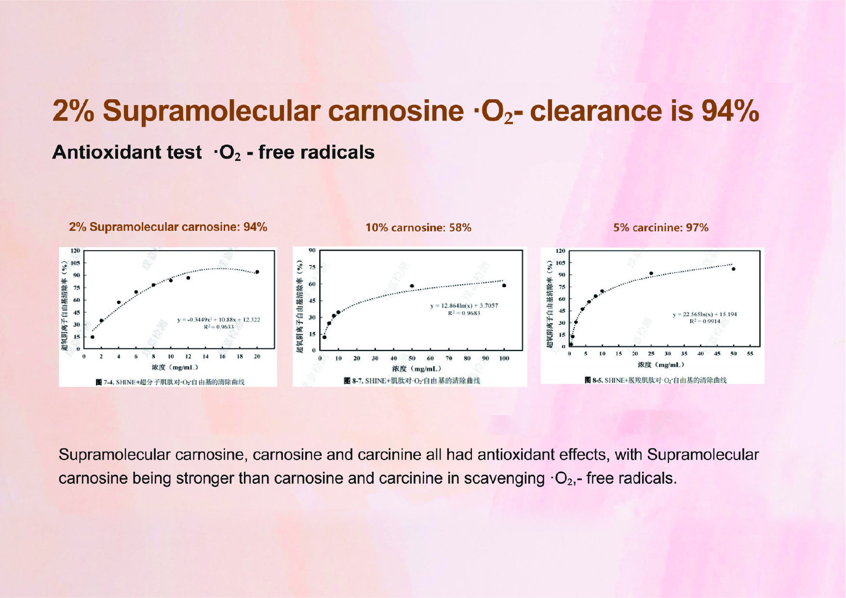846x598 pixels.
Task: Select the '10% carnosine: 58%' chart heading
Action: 418,227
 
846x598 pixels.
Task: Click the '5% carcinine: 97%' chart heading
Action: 660,227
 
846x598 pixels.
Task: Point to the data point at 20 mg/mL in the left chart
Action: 257,272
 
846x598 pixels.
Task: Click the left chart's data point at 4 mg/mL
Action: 119,303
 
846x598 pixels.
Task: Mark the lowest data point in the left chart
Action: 93,337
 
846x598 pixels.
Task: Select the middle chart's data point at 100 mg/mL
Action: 504,285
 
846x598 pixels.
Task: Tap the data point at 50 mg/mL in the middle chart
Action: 412,286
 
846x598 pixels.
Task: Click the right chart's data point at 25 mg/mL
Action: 651,273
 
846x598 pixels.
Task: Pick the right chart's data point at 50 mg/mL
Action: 734,269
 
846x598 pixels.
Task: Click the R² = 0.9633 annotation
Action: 218,327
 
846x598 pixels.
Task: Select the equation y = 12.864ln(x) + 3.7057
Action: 464,306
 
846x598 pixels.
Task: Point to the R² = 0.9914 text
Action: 704,321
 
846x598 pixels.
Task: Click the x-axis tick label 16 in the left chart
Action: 222,357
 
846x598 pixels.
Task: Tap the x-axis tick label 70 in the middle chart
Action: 449,358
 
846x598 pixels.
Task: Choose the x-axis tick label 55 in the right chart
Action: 750,354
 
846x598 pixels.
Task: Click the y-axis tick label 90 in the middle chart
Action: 312,250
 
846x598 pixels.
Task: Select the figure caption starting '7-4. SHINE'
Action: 170,382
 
